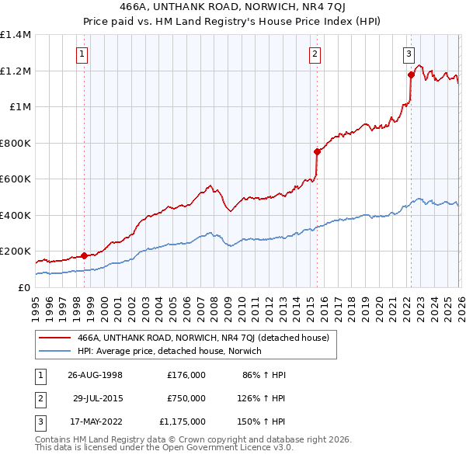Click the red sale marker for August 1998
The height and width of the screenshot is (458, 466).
click(84, 255)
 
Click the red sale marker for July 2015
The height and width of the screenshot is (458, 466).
click(317, 152)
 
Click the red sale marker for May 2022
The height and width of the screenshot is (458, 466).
click(410, 75)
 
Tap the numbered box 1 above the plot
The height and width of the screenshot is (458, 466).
click(82, 54)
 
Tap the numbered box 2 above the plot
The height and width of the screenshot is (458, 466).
click(315, 54)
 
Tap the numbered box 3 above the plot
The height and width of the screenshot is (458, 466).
click(409, 54)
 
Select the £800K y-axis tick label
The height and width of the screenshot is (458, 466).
click(16, 143)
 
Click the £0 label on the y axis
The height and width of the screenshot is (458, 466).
click(23, 287)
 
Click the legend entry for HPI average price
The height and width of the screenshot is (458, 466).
click(169, 351)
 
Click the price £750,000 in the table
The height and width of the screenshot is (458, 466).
click(186, 398)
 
